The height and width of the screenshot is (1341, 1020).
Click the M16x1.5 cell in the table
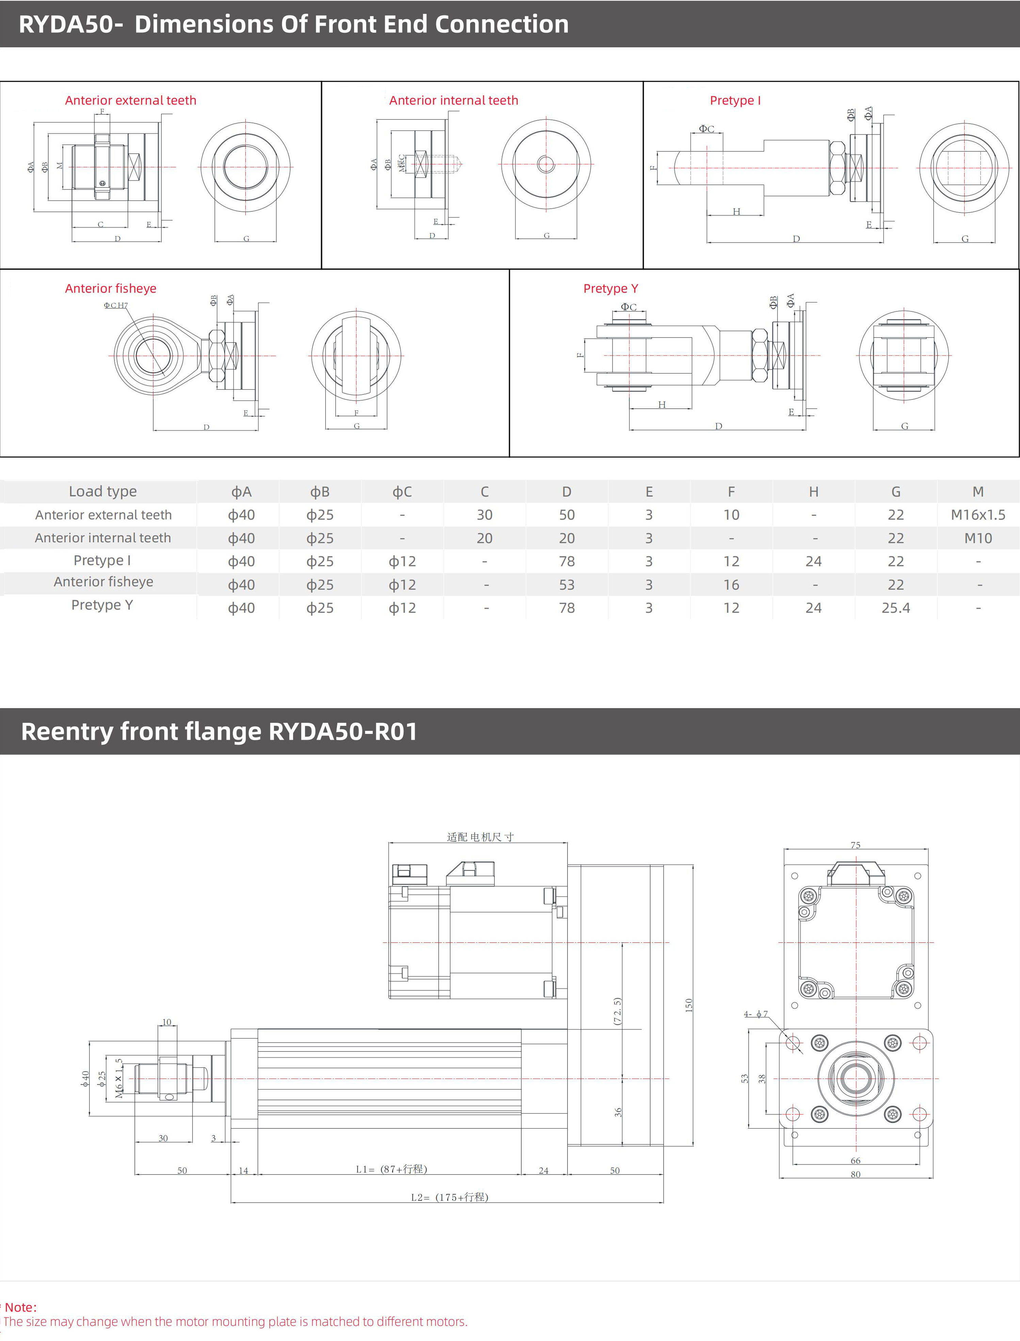point(977,515)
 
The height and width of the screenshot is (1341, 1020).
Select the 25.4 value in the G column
point(895,608)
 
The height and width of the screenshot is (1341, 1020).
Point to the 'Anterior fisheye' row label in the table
point(103,582)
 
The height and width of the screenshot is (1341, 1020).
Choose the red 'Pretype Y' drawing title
point(610,288)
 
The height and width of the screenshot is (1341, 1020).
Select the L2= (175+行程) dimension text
point(449,1197)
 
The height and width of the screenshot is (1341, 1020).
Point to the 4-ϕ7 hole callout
point(756,1014)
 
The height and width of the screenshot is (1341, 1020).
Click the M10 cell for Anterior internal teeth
point(977,538)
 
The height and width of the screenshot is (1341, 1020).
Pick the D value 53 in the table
point(567,585)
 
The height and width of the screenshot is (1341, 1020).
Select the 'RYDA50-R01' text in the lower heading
point(343,732)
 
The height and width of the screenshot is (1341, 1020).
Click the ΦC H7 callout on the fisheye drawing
point(115,305)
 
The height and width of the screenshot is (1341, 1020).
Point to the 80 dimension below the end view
point(856,1174)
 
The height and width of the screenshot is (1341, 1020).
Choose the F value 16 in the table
point(731,585)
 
